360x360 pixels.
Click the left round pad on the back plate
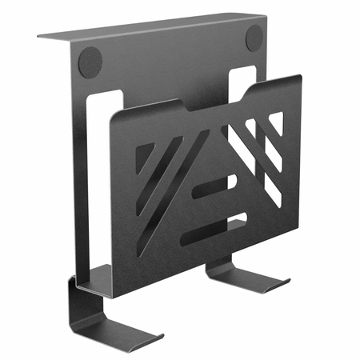90,61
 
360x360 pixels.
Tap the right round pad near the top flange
254,36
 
